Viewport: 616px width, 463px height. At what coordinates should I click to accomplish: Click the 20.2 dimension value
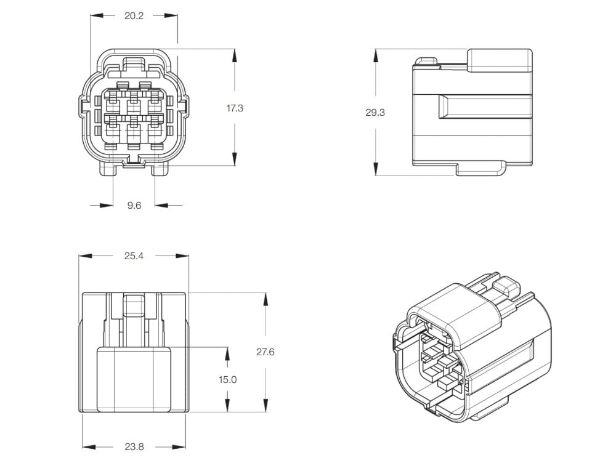tap(134, 16)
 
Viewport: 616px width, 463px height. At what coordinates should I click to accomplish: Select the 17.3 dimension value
tap(235, 108)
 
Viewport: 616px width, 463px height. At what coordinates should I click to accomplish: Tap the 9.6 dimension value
tap(134, 205)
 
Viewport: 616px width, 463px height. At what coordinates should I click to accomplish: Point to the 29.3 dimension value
tap(375, 113)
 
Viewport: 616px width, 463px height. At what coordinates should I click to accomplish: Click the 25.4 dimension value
tap(134, 256)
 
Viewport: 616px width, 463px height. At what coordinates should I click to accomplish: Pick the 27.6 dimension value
tap(265, 352)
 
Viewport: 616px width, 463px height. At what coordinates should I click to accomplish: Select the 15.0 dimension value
tap(228, 380)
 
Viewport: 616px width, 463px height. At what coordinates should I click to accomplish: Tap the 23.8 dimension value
tap(134, 447)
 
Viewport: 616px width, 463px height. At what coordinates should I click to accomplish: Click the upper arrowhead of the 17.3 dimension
tap(235, 55)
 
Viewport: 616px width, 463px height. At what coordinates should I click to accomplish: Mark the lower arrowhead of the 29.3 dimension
tap(376, 169)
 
